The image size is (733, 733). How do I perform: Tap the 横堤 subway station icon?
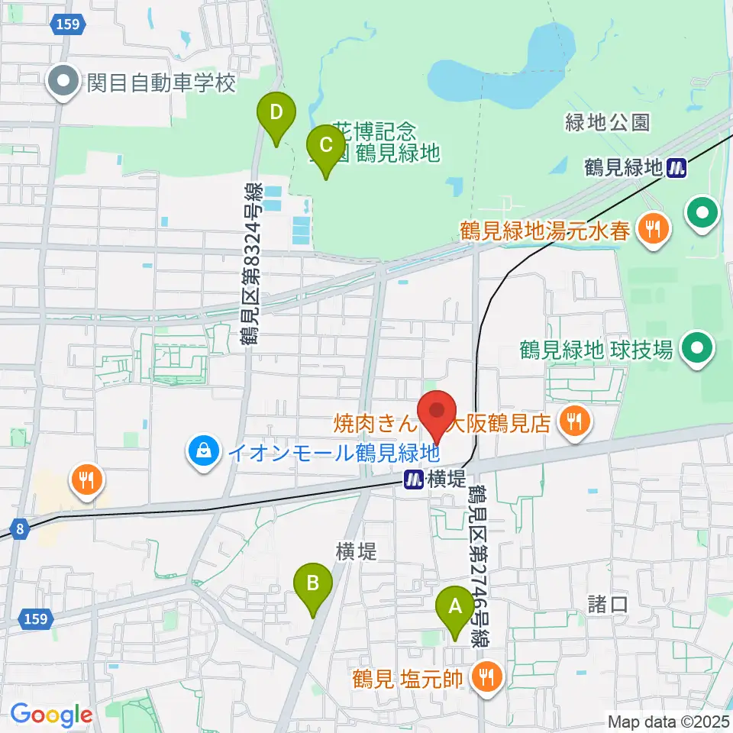click(x=414, y=479)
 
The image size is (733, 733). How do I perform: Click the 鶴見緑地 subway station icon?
click(x=675, y=167)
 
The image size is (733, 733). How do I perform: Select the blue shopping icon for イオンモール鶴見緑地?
click(x=204, y=453)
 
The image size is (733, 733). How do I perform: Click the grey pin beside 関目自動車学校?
click(x=65, y=82)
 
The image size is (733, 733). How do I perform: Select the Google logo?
click(x=51, y=715)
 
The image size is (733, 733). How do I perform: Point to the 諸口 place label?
click(x=608, y=605)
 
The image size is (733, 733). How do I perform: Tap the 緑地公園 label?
click(x=608, y=121)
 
